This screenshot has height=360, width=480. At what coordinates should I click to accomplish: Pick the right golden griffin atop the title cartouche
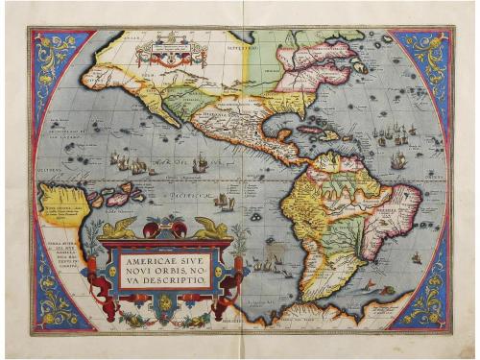pos(208,228)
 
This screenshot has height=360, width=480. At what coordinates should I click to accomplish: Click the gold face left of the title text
pos(114,270)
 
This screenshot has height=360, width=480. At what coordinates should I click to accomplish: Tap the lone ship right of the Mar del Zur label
pos(201,165)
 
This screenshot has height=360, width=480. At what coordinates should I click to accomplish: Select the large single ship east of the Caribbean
pos(397,159)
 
